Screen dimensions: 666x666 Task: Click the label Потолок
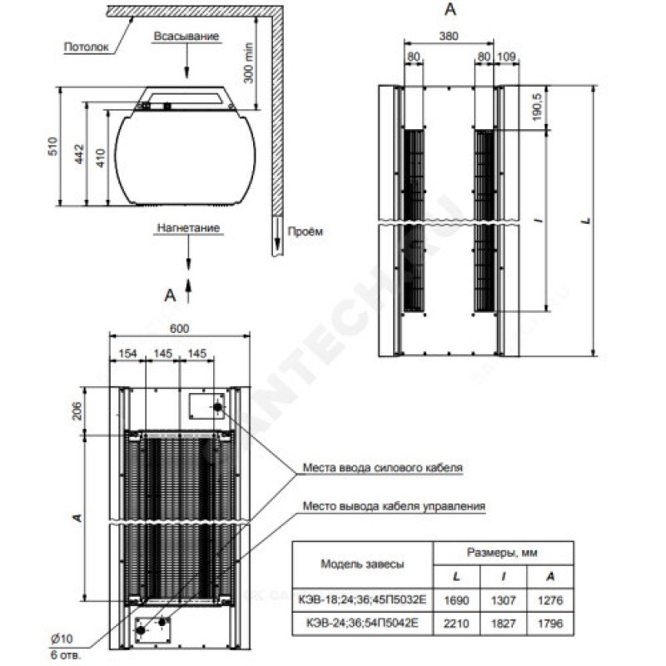pyautogui.click(x=87, y=47)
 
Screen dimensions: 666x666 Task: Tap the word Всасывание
pyautogui.click(x=186, y=37)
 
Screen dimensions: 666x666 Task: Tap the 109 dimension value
pyautogui.click(x=506, y=57)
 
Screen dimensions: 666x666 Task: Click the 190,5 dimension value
pyautogui.click(x=538, y=107)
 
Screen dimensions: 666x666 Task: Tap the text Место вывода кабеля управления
pyautogui.click(x=394, y=505)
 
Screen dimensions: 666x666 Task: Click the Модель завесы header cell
pyautogui.click(x=363, y=564)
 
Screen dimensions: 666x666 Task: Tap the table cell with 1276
pyautogui.click(x=549, y=599)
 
